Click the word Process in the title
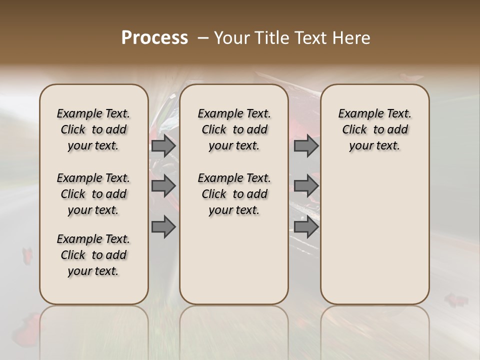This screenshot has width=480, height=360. pyautogui.click(x=154, y=38)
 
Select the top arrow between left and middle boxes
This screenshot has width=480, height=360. pyautogui.click(x=163, y=145)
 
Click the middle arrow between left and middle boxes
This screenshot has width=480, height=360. pyautogui.click(x=163, y=186)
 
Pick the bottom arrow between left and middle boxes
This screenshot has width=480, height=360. pyautogui.click(x=163, y=226)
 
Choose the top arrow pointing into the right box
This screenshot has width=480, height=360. pyautogui.click(x=306, y=145)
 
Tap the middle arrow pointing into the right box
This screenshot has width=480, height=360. pyautogui.click(x=306, y=186)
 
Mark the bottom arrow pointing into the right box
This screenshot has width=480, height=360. pyautogui.click(x=306, y=226)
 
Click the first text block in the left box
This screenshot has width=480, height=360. pyautogui.click(x=93, y=129)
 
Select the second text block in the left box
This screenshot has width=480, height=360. pyautogui.click(x=93, y=194)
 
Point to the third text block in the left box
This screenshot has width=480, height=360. pyautogui.click(x=93, y=255)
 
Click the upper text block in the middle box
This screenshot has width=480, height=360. pyautogui.click(x=234, y=129)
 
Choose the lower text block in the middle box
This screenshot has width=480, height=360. pyautogui.click(x=234, y=194)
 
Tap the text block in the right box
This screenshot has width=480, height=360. pyautogui.click(x=375, y=129)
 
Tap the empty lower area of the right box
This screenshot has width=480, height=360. pyautogui.click(x=375, y=235)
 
